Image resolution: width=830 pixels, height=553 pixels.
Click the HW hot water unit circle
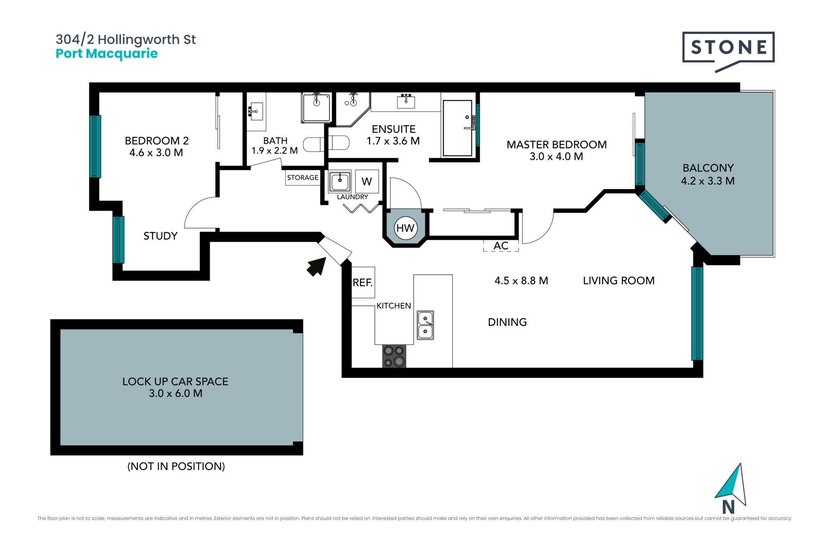coord(405,228)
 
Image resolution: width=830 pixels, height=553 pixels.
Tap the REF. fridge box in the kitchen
coord(363,283)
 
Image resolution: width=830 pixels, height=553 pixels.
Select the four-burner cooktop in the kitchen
coord(394,356)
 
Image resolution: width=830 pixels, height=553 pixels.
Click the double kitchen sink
coord(425,325)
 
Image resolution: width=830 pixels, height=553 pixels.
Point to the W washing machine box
coord(367,181)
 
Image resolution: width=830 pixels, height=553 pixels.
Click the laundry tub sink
coord(340,181)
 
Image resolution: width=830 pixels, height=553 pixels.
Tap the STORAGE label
coord(303,178)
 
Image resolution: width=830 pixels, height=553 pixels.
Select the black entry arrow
coord(316,266)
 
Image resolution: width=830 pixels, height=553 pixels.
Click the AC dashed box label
coord(501,246)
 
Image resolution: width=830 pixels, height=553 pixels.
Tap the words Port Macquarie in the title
coord(107,54)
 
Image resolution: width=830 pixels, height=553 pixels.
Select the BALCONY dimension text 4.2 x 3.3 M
coord(708,181)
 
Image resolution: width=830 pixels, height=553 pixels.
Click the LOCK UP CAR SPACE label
coord(175,381)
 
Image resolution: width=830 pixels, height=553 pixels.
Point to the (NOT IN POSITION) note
coord(176,466)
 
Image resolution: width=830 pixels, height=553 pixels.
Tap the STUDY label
coord(160,236)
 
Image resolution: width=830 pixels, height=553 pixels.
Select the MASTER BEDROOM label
coord(556,145)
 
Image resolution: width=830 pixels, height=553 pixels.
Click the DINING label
coord(507,322)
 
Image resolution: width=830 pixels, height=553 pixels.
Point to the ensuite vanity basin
coord(406,102)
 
